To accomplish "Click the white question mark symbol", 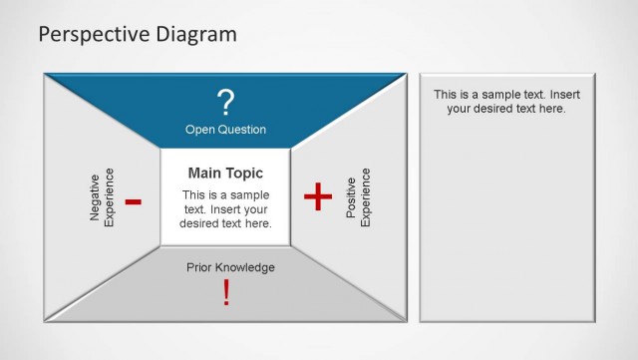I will (x=226, y=101).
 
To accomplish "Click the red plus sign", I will (x=317, y=197).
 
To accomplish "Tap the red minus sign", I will (x=134, y=202).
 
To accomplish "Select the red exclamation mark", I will (x=226, y=292).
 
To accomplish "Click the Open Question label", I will (x=225, y=130).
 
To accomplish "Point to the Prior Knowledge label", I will (x=230, y=267).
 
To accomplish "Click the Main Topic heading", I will (x=225, y=174).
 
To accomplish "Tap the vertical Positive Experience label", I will (x=358, y=202).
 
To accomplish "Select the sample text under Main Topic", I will (x=225, y=209).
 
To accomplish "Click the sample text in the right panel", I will (x=506, y=101).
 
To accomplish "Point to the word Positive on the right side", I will (x=351, y=202).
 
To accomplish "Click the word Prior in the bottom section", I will (x=199, y=267).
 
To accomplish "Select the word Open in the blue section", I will (x=199, y=130).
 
